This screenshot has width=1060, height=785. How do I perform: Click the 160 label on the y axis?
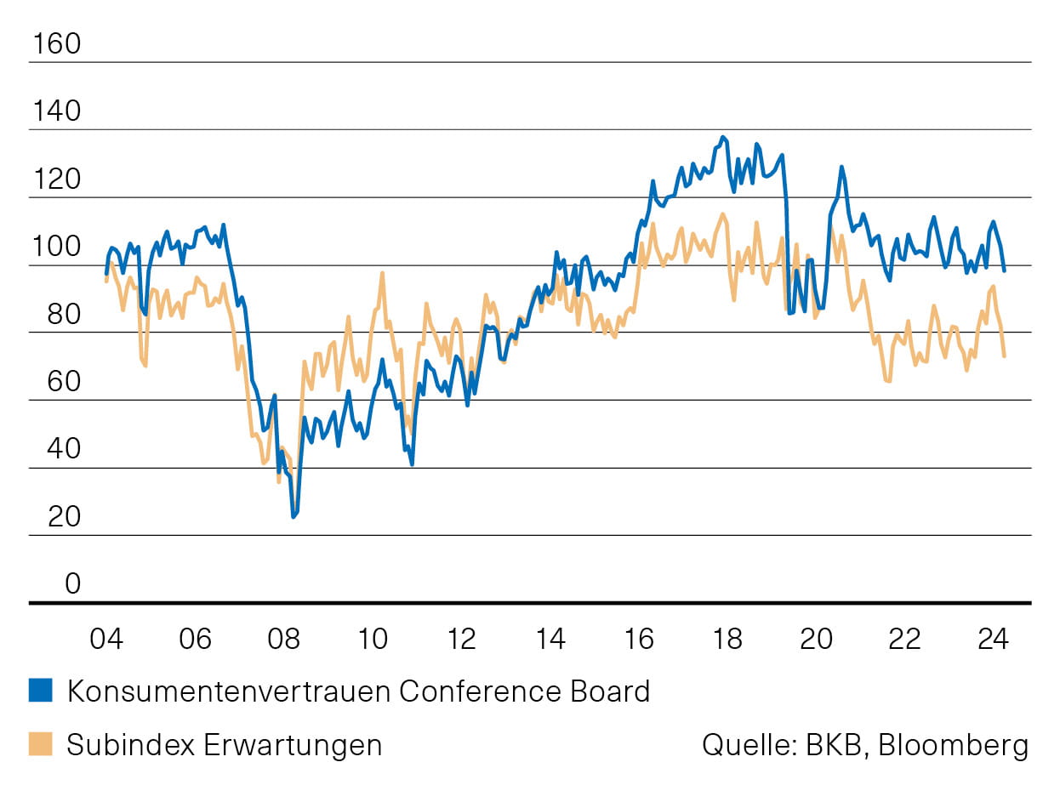55,44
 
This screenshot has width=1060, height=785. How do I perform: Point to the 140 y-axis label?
55,112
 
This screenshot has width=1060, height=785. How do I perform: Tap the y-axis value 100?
55,247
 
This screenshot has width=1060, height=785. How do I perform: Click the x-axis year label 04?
106,638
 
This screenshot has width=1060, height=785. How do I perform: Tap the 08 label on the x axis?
284,638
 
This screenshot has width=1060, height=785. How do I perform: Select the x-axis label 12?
461,638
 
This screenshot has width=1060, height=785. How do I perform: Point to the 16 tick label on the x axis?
639,638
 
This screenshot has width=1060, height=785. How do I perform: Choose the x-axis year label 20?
816,638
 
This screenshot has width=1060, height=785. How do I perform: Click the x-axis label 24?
993,638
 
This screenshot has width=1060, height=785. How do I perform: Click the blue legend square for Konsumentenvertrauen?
40,691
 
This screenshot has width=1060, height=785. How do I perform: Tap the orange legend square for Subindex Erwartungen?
40,745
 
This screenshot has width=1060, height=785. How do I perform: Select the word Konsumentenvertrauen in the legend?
229,691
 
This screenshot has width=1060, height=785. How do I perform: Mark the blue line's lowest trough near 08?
293,516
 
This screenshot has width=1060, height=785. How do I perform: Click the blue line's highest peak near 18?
723,137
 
